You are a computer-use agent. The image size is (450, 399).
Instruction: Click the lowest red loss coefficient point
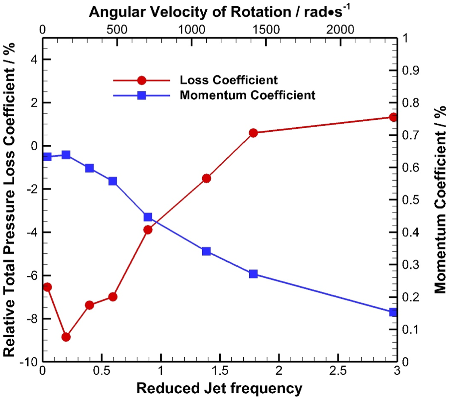point(66,337)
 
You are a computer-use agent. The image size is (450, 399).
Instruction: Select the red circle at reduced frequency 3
point(393,117)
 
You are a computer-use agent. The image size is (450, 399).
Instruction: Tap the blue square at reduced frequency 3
point(393,312)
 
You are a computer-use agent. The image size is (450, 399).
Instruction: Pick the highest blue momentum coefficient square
point(66,155)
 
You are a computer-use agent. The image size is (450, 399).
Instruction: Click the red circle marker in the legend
point(142,80)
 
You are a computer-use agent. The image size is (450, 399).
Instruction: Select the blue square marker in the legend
point(142,95)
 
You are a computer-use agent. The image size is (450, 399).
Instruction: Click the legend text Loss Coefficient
point(229,80)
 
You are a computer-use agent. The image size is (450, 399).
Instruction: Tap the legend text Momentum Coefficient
point(247,95)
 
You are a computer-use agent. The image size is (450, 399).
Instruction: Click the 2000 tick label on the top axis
point(340,29)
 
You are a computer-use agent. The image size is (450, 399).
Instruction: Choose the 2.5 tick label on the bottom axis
point(338,371)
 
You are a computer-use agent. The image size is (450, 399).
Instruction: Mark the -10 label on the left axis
point(29,362)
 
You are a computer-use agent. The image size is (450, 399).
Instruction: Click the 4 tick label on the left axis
point(34,59)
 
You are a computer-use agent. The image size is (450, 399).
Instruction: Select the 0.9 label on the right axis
point(411,71)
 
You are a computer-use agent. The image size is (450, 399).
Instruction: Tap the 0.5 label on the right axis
point(411,200)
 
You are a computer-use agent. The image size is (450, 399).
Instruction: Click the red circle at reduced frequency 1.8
point(253,133)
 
